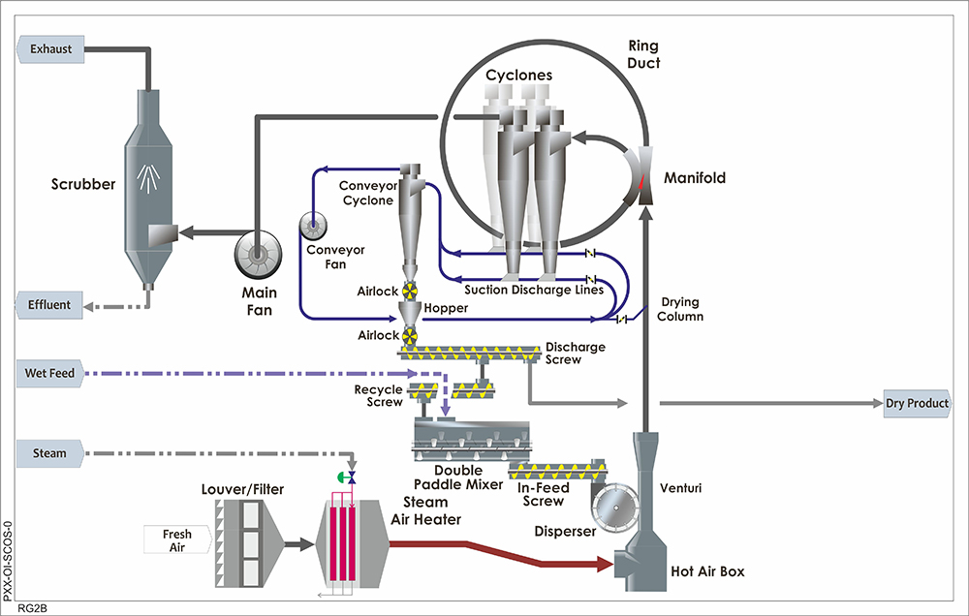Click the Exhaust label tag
tap(51, 48)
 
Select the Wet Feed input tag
tap(49, 373)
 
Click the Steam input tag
tap(49, 452)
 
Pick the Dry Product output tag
tap(916, 403)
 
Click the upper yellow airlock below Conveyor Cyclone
tap(411, 291)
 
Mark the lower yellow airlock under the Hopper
tap(411, 335)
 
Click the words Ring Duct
tap(643, 54)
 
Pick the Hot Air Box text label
tap(708, 571)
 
